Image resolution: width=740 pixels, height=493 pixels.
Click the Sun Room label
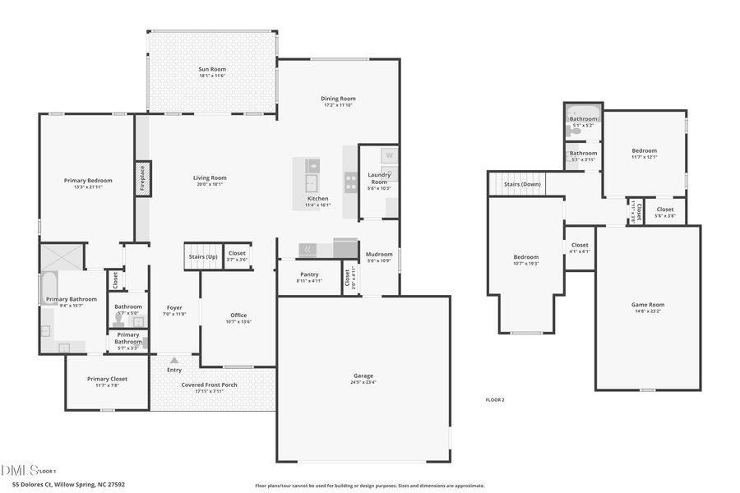click(x=212, y=70)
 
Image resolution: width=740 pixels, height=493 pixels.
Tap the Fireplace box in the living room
click(x=141, y=178)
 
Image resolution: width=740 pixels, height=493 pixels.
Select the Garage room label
click(x=363, y=376)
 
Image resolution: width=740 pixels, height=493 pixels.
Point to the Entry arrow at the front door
click(x=174, y=360)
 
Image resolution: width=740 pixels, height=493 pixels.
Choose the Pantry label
click(x=309, y=274)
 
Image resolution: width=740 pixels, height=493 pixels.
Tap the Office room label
click(x=238, y=316)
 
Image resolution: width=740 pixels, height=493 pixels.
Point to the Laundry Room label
click(x=379, y=176)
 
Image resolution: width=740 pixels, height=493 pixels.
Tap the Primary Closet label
click(x=107, y=379)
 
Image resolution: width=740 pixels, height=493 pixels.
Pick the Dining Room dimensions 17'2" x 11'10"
click(x=338, y=105)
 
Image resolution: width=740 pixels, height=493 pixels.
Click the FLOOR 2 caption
click(x=495, y=399)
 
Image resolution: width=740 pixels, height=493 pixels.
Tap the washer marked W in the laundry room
click(x=390, y=155)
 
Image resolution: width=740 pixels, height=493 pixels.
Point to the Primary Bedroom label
click(x=88, y=181)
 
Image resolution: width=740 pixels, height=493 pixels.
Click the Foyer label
click(x=174, y=308)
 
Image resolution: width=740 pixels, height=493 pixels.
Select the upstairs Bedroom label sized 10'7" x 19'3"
click(x=526, y=257)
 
